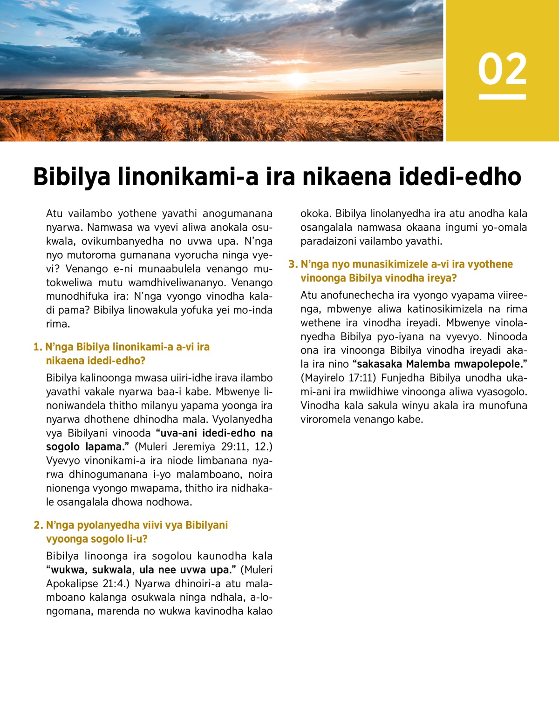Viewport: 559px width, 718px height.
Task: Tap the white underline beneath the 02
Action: [502, 97]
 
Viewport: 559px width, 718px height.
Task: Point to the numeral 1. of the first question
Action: [38, 347]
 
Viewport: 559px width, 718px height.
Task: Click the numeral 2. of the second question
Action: [38, 525]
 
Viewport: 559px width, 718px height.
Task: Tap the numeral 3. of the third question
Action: [293, 264]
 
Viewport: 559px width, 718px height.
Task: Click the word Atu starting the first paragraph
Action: [54, 214]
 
